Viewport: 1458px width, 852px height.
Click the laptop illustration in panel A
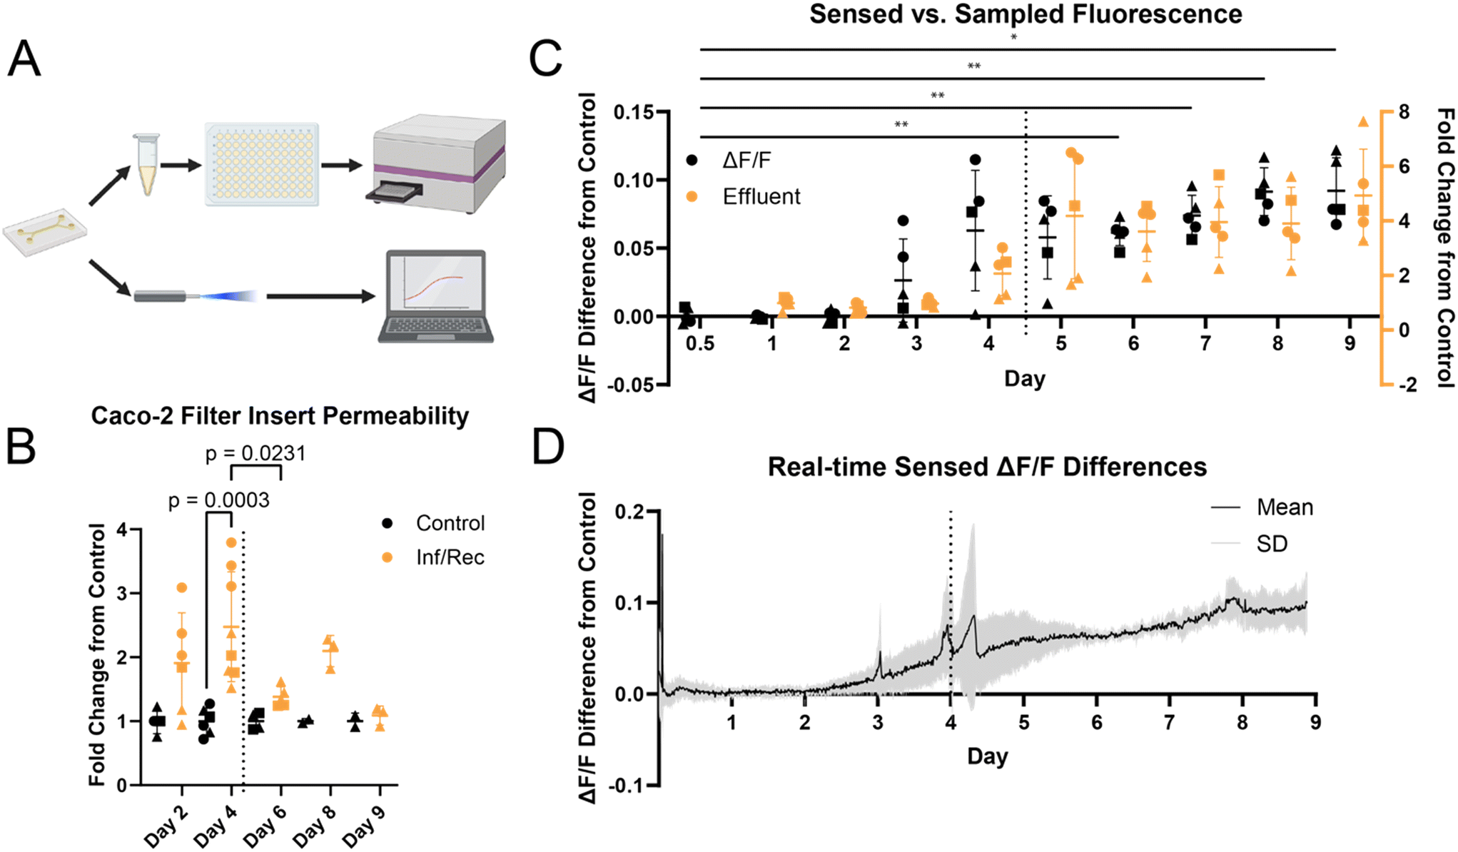click(x=435, y=296)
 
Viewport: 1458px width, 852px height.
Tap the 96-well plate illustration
click(x=262, y=164)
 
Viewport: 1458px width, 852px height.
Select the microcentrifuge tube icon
click(x=147, y=165)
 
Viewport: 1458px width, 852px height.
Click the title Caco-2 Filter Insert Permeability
click(x=280, y=415)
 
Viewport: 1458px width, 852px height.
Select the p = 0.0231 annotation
click(x=255, y=453)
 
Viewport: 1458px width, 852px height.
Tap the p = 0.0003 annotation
click(x=219, y=500)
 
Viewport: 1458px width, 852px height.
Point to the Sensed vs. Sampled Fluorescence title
click(x=1026, y=14)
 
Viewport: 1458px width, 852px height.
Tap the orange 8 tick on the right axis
click(x=1404, y=112)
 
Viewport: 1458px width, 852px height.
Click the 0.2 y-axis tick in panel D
click(x=629, y=512)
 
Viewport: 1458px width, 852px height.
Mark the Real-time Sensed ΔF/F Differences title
click(x=987, y=467)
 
